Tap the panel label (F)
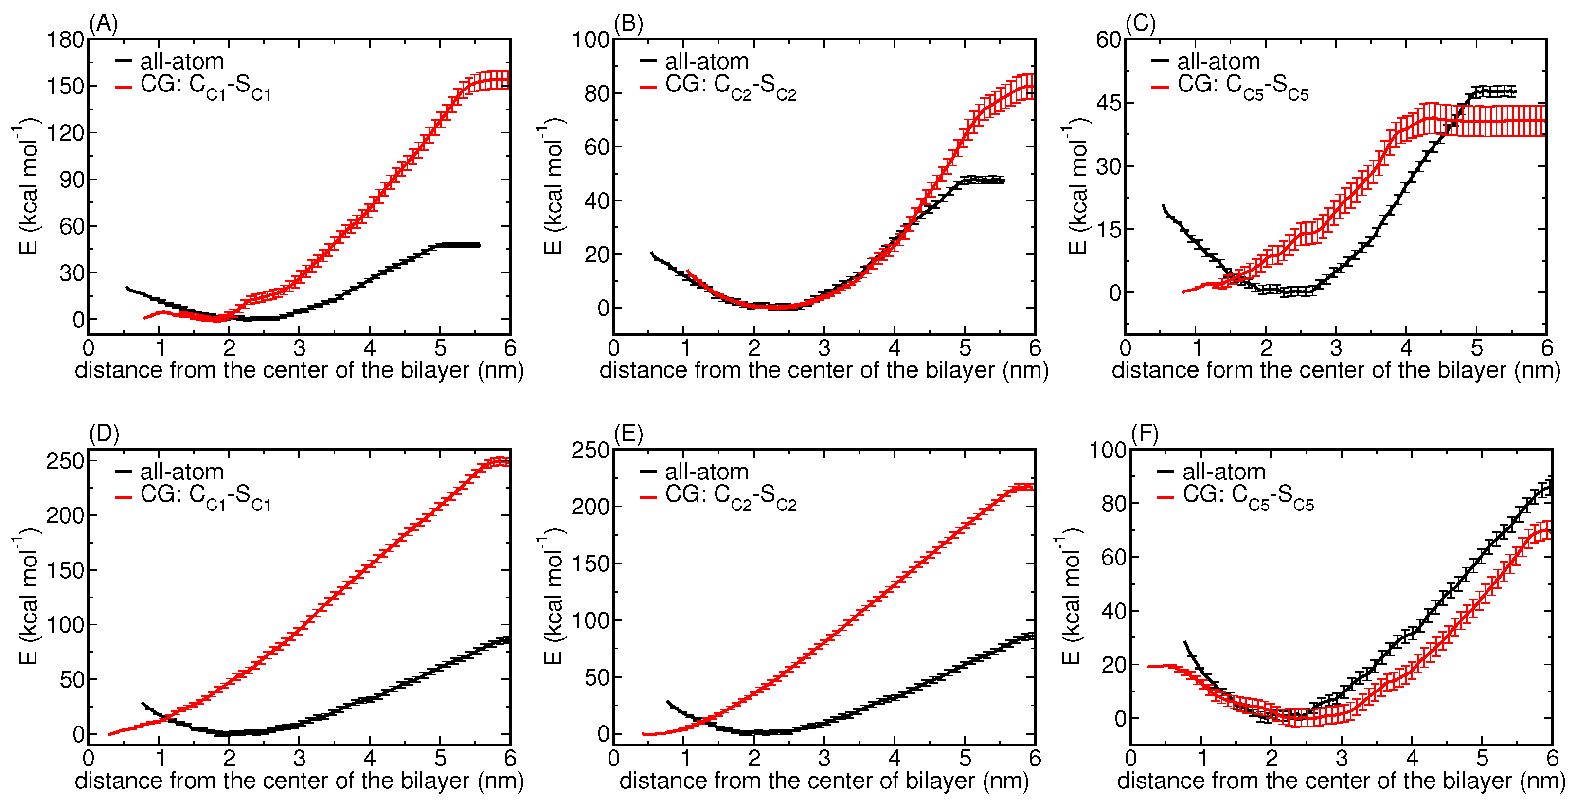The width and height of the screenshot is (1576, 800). (1144, 434)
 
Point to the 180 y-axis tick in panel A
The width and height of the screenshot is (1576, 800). (66, 40)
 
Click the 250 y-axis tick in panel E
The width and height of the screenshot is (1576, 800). (591, 451)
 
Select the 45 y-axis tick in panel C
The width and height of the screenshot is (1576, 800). (1108, 103)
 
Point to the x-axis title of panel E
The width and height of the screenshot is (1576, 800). (824, 781)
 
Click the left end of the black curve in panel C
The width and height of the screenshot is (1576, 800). (1163, 206)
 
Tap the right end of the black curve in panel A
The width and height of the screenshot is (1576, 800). (479, 245)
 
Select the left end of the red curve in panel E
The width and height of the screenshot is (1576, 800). (644, 734)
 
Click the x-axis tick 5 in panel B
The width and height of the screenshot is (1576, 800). (964, 348)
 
